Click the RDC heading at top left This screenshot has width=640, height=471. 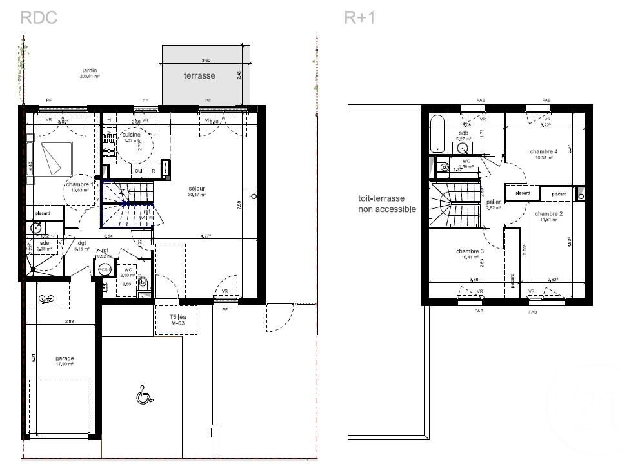coord(39,17)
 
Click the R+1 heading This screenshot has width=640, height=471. coord(359,17)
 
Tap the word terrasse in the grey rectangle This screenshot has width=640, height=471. coord(199,75)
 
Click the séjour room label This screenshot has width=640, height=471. coord(197,189)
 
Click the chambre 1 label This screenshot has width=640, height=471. coord(79,185)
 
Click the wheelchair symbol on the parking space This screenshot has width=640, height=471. coord(145,394)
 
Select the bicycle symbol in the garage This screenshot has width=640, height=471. coord(46,298)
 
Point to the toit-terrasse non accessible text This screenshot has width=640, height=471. coord(387,204)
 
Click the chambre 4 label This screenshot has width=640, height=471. coord(543,152)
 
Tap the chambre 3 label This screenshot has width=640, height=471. coord(469,251)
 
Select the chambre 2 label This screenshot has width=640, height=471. coord(548,214)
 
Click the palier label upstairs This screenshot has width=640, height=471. coord(494,202)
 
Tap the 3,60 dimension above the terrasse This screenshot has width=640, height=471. coord(206,60)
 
